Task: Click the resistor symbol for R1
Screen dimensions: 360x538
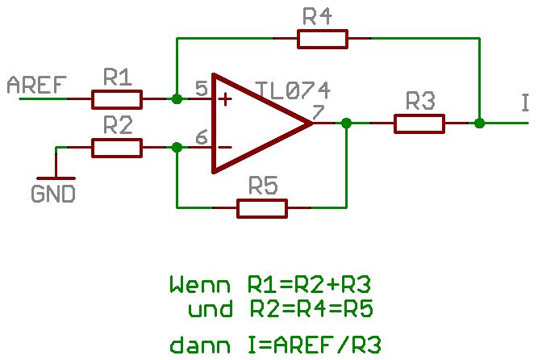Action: [x=117, y=99]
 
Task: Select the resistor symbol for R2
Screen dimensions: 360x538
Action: [x=117, y=148]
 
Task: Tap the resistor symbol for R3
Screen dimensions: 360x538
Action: [x=419, y=123]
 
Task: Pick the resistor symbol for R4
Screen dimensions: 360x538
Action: [x=323, y=39]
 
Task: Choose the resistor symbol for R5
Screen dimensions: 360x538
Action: [x=262, y=208]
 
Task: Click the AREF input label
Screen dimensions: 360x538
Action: [x=36, y=85]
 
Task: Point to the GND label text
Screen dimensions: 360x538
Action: [x=53, y=195]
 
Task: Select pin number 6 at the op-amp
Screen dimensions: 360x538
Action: [x=200, y=137]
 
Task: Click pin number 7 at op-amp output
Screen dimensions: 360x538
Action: [x=317, y=111]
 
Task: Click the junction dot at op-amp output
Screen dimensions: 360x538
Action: [x=346, y=123]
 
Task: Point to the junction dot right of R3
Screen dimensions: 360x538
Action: [x=480, y=123]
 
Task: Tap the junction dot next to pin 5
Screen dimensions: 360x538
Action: [x=177, y=99]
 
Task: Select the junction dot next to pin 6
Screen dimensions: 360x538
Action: [x=177, y=148]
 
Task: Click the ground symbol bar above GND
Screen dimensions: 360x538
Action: [x=56, y=178]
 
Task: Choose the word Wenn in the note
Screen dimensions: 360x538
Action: [x=194, y=285]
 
